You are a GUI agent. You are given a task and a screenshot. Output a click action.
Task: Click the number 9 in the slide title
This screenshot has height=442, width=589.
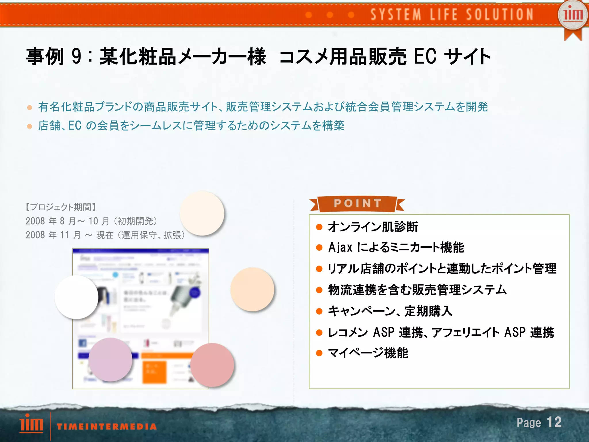click(77, 56)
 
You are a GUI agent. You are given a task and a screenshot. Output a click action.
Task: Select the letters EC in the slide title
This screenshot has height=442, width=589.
click(425, 56)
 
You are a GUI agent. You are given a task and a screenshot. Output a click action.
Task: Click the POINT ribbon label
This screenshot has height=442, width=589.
click(357, 203)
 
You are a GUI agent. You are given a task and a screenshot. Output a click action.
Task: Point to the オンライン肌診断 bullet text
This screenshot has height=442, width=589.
click(373, 227)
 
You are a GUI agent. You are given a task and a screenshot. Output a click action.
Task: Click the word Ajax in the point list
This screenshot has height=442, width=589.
click(340, 248)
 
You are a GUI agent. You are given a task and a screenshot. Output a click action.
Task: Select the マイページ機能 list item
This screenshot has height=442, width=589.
click(368, 353)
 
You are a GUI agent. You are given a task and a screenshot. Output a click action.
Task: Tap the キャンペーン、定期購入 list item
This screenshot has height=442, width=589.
click(390, 311)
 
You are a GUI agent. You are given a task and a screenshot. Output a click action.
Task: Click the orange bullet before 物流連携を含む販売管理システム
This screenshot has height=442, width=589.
click(319, 290)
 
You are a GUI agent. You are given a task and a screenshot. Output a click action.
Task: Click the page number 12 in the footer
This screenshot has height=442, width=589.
click(554, 422)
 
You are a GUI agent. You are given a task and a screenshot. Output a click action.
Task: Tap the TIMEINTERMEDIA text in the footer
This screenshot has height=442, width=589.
click(107, 426)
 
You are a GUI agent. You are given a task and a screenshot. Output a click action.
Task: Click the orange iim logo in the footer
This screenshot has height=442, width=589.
click(31, 423)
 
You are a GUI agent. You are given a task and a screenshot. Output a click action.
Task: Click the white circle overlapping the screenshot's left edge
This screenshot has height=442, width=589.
click(77, 297)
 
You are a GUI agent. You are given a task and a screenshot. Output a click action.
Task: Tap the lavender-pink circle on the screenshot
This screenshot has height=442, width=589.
click(110, 359)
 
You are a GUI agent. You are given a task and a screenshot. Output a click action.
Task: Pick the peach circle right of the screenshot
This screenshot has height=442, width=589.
click(252, 289)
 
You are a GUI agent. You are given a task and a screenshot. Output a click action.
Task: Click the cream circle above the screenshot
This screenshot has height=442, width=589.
click(202, 213)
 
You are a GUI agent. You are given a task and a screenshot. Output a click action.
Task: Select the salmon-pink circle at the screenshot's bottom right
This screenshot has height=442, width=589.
click(212, 365)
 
